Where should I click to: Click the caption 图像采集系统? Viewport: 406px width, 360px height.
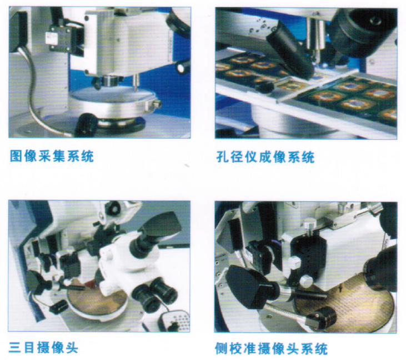point(52,156)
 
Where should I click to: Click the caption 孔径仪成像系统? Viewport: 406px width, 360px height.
point(265,157)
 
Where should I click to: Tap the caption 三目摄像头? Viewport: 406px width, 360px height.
point(43,348)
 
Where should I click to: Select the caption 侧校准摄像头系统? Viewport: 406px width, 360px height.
point(272,348)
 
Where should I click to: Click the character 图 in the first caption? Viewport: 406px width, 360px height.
point(16,156)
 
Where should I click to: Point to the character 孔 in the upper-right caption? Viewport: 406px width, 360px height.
point(222,157)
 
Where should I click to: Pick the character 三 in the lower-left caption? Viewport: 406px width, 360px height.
point(16,348)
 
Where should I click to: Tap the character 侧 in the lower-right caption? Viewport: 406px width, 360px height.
point(222,348)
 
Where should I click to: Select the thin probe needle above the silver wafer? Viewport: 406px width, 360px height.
point(136,83)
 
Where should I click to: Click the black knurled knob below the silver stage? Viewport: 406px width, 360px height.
point(86,125)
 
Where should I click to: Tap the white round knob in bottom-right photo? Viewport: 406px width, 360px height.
point(305,281)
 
